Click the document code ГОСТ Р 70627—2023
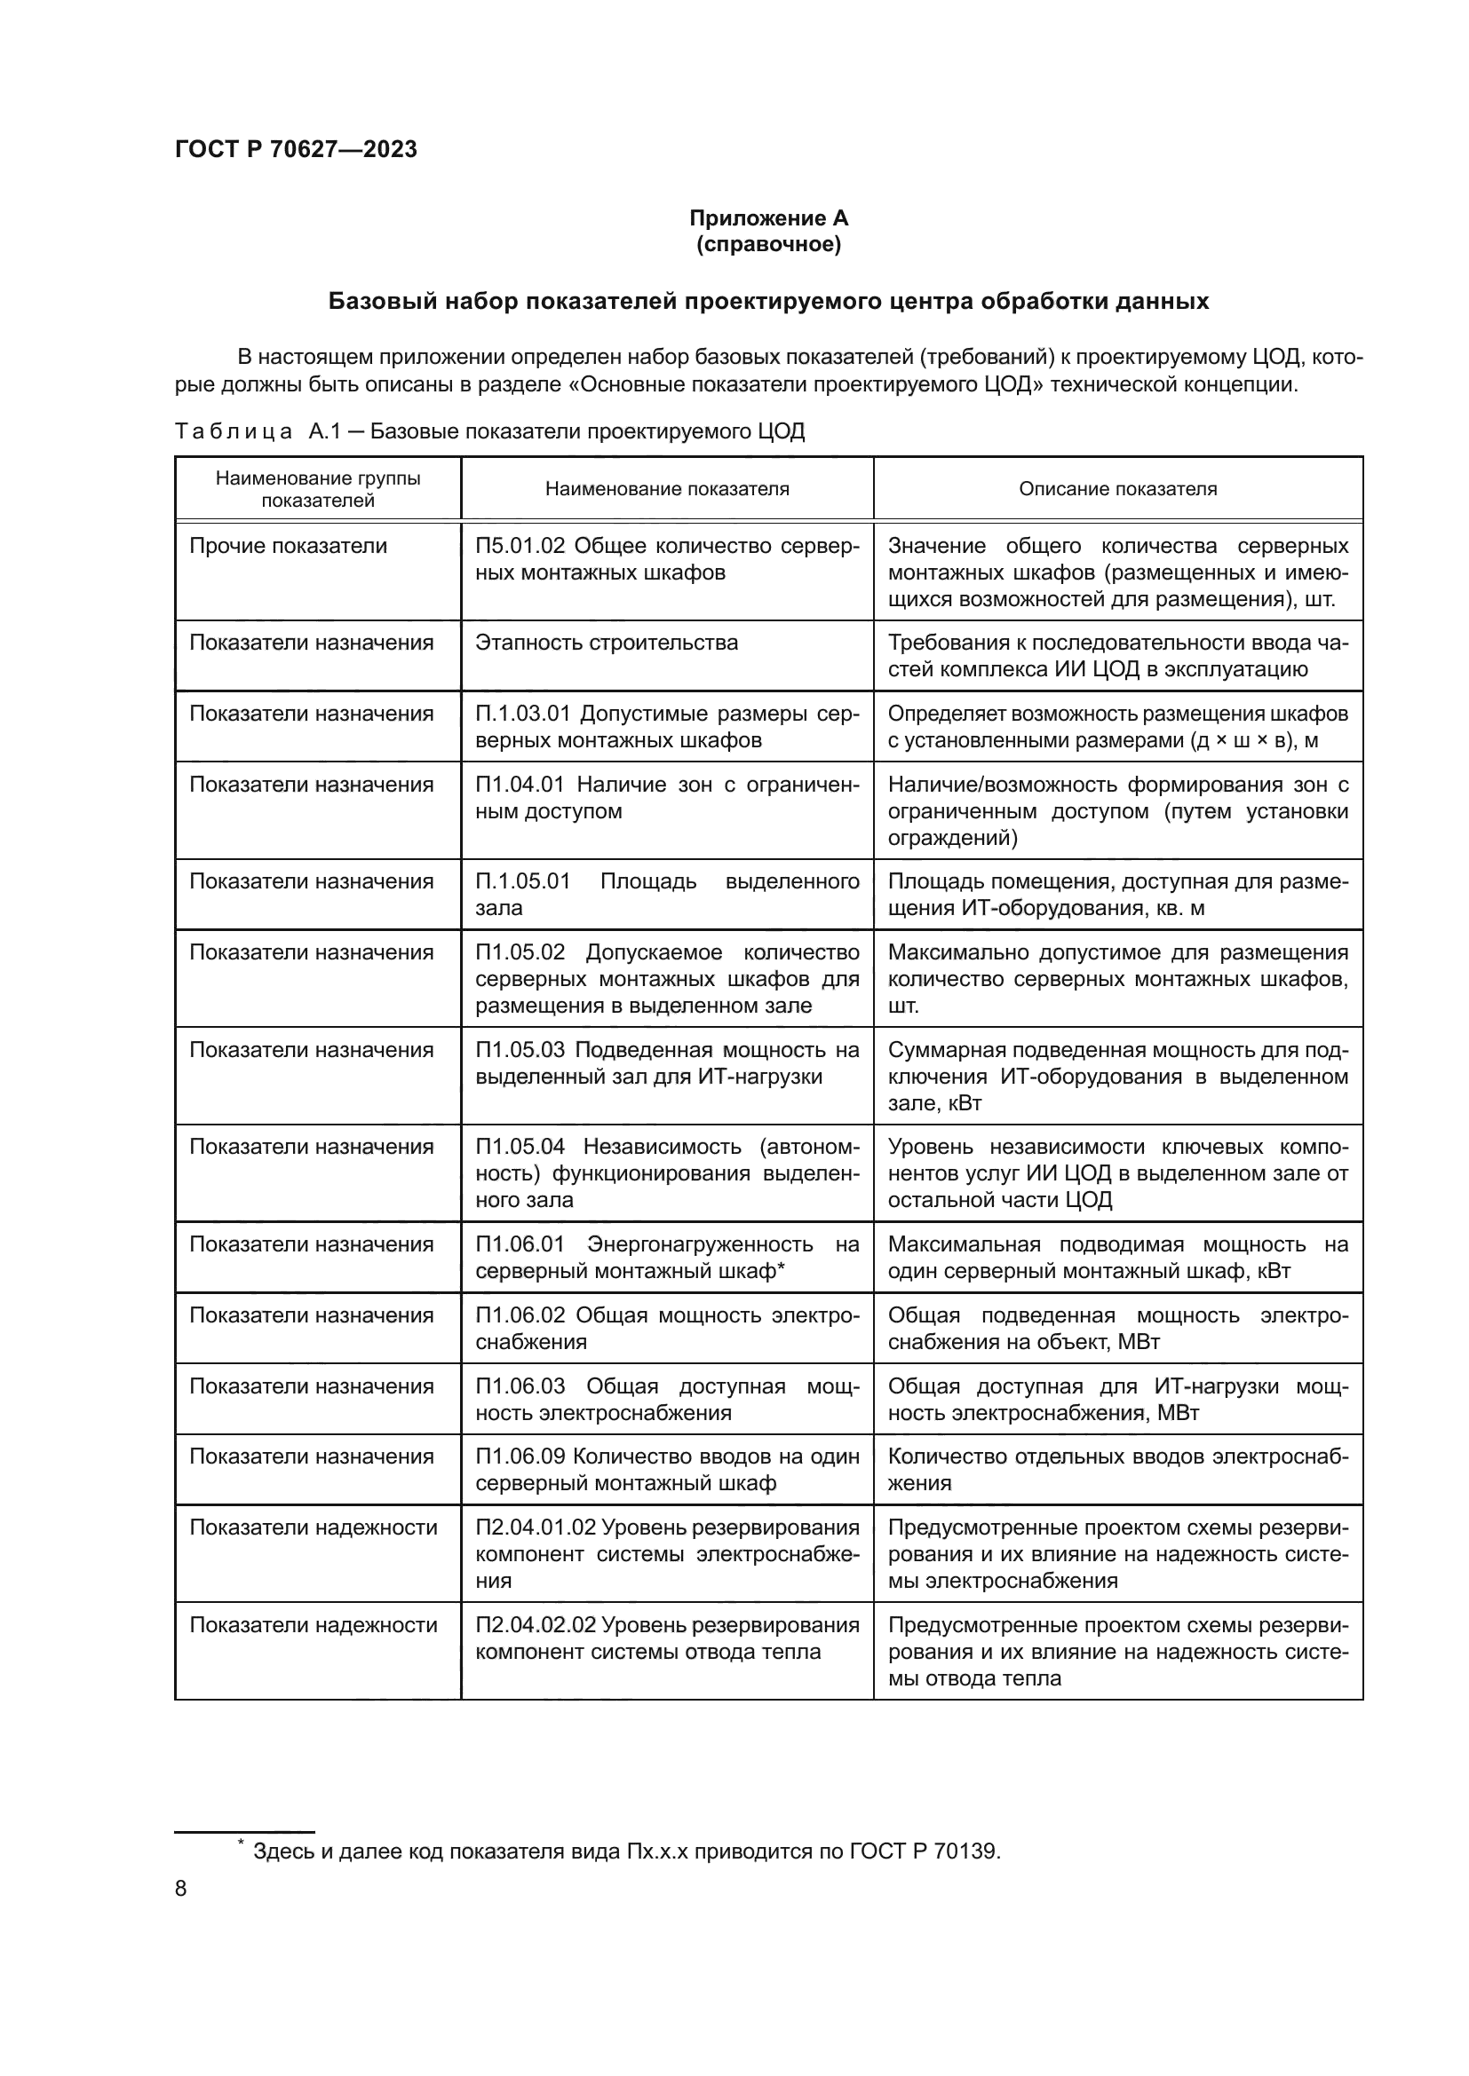(296, 149)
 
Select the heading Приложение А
(768, 218)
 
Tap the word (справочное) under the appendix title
(768, 244)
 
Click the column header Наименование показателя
(667, 489)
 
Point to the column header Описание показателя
(1117, 489)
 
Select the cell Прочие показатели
(288, 546)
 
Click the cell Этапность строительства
(606, 643)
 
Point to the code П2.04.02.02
(536, 1625)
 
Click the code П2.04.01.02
(536, 1527)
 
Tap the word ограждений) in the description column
(952, 838)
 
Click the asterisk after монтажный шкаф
(781, 1268)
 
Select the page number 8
(181, 1888)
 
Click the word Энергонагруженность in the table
(700, 1244)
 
